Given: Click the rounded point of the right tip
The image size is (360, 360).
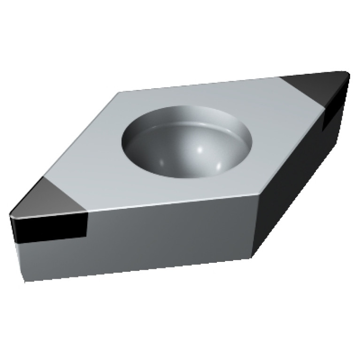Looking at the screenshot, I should coord(349,74).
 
